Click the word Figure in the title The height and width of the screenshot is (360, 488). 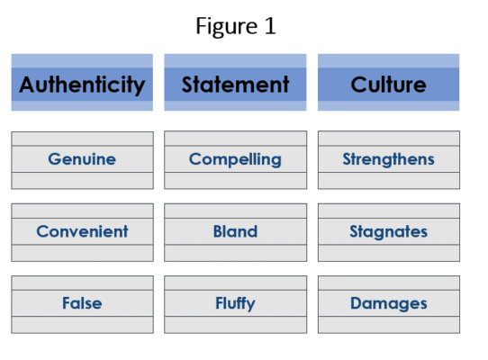[x=227, y=26]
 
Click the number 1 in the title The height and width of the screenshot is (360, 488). [x=270, y=25]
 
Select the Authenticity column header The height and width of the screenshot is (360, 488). [x=82, y=83]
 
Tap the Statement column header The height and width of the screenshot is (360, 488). [x=235, y=83]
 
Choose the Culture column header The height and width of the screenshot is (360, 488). [x=388, y=83]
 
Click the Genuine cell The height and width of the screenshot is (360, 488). [x=82, y=160]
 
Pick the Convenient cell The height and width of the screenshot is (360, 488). [x=82, y=232]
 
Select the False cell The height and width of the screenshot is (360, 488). [x=82, y=304]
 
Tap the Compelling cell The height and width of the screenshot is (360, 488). [x=235, y=160]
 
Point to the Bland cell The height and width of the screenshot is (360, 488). [x=235, y=232]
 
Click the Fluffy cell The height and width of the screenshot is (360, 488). [x=235, y=304]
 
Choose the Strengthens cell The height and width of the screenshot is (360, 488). [x=389, y=160]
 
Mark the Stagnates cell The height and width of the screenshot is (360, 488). [x=389, y=232]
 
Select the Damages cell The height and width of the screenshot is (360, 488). [x=389, y=304]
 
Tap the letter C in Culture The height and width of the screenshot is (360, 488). [x=359, y=85]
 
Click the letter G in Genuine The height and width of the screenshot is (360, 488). [x=55, y=159]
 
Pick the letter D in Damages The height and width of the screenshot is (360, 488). [x=357, y=303]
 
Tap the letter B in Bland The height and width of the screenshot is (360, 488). [x=219, y=231]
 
